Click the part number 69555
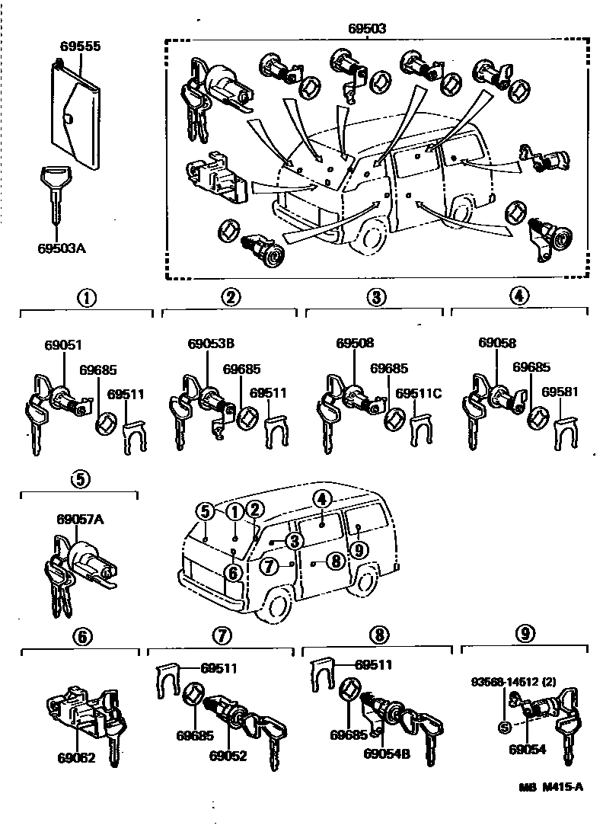tap(80, 46)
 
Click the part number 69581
tap(560, 392)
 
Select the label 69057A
tap(79, 520)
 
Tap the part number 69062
tap(77, 759)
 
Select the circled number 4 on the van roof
tap(322, 499)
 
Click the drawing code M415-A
tap(563, 788)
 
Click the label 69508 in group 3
tap(355, 344)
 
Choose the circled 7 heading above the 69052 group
tap(221, 635)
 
